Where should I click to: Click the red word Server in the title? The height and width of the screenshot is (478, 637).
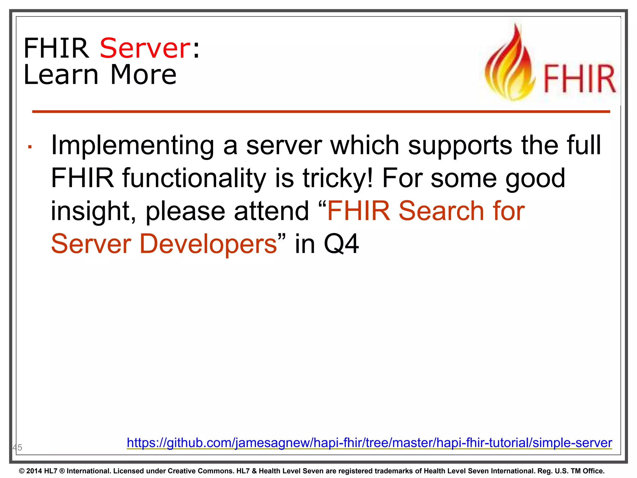click(x=145, y=48)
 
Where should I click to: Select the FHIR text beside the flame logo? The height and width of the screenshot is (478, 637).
click(x=579, y=79)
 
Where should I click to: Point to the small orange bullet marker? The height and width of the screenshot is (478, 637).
click(x=30, y=147)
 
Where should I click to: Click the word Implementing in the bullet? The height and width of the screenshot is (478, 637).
click(x=133, y=146)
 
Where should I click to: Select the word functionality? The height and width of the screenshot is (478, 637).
click(x=194, y=178)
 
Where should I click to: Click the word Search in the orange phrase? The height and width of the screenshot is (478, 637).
click(x=441, y=211)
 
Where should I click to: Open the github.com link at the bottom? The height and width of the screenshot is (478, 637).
click(x=369, y=443)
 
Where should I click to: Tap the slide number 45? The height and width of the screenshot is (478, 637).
click(x=17, y=448)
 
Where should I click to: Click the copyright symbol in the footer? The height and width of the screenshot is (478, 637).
click(x=21, y=471)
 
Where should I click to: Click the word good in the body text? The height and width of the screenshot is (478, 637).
click(x=535, y=178)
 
